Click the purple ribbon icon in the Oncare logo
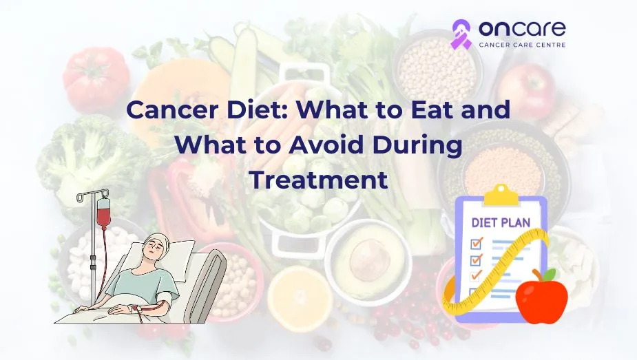click(461, 34)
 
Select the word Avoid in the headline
click(326, 145)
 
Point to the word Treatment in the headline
click(318, 180)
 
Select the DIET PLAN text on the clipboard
click(501, 222)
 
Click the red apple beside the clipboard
click(541, 297)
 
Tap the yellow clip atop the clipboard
click(501, 195)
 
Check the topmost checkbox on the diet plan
click(476, 244)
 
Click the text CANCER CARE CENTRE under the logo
click(522, 45)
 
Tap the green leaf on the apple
click(550, 275)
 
